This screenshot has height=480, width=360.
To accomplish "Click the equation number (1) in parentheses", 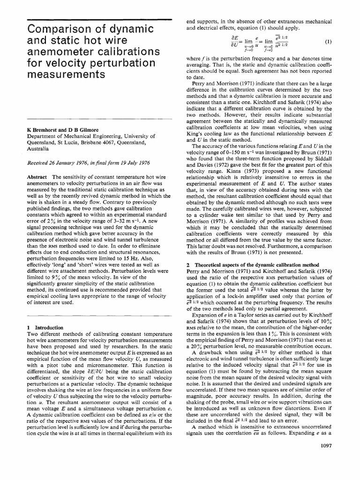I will (x=328, y=41).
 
